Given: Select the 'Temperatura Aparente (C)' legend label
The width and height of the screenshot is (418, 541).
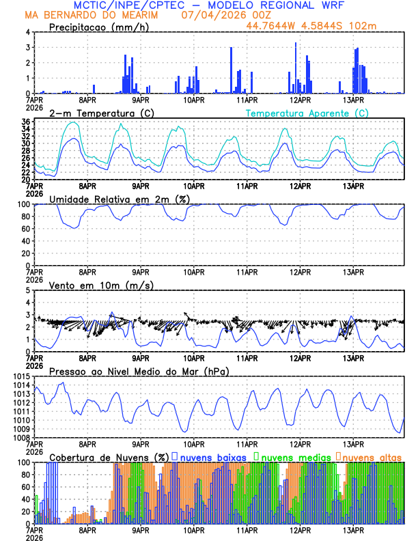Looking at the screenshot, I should click(307, 113).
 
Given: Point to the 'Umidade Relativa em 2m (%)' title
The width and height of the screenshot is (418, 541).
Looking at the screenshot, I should click(119, 199).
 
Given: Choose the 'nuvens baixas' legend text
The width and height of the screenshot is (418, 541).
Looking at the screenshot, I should click(208, 456).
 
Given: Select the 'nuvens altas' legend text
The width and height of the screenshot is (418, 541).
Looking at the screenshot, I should click(372, 456).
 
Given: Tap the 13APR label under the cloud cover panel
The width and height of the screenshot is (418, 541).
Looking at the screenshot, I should click(353, 529).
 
